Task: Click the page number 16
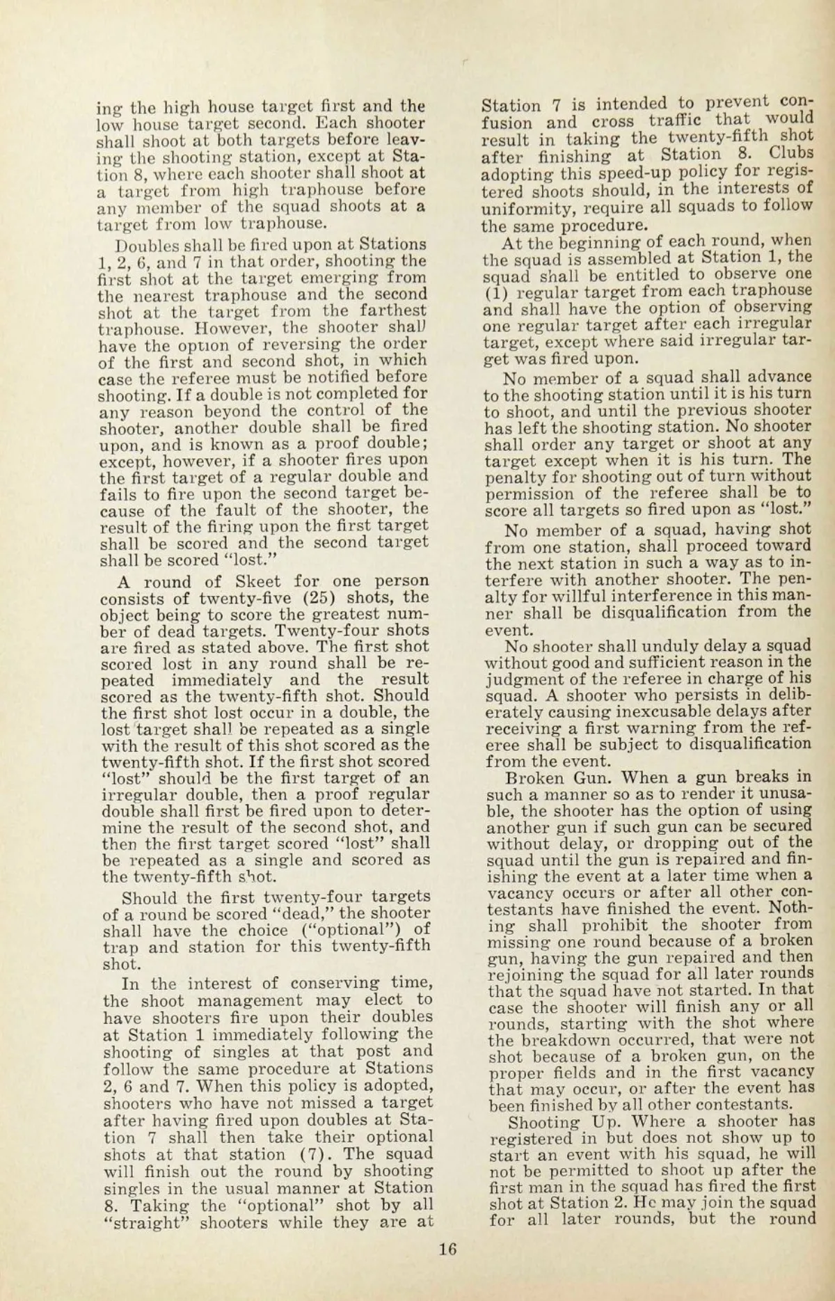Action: point(448,1249)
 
